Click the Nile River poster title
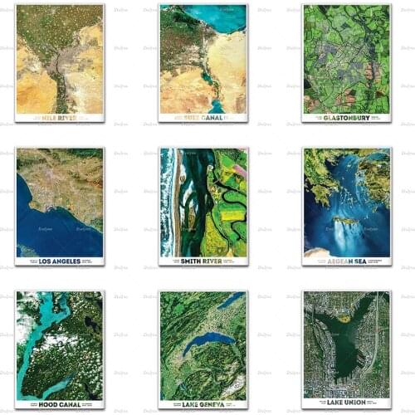tap(59, 118)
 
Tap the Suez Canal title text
tap(203, 118)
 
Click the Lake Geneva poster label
tap(203, 403)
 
